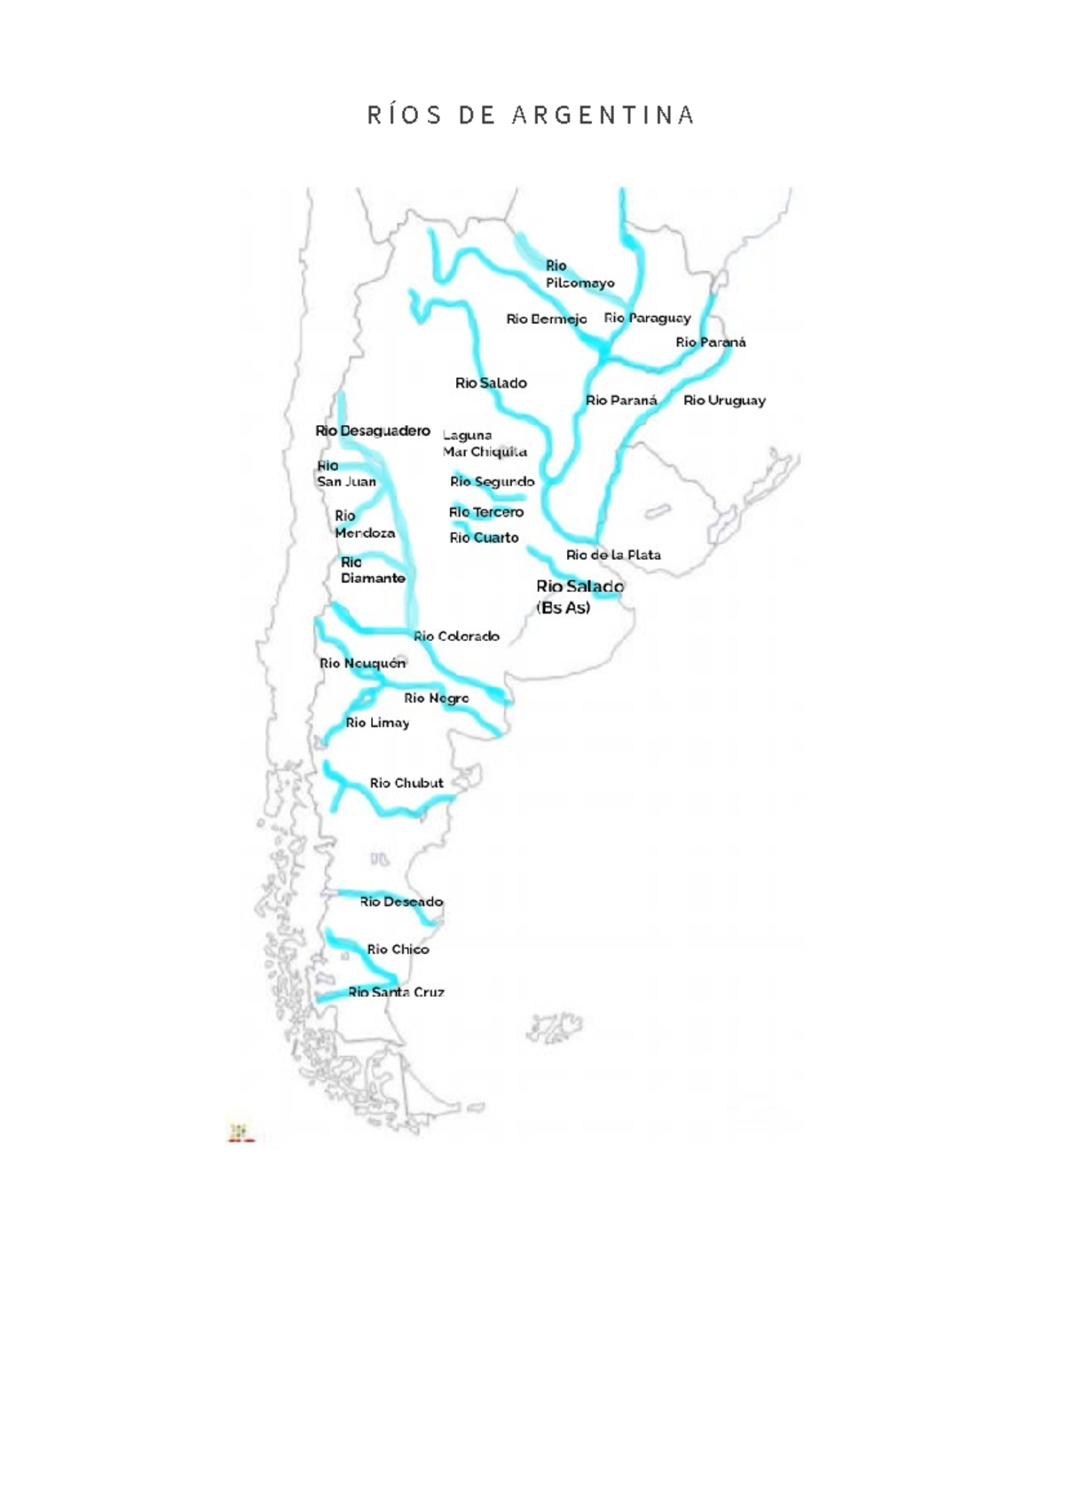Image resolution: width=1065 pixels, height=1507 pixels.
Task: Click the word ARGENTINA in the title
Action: point(603,115)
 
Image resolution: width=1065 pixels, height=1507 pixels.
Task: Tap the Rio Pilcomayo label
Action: point(579,274)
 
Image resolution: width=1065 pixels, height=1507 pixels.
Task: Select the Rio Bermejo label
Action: point(546,319)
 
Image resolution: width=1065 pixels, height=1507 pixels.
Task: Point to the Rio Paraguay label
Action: point(647,318)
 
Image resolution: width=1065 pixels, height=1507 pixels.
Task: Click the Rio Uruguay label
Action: point(724,400)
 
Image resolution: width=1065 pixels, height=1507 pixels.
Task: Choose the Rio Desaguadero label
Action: point(373,430)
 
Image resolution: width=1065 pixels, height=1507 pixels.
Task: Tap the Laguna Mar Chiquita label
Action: point(485,443)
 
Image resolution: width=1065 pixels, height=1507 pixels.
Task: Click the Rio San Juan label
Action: point(346,474)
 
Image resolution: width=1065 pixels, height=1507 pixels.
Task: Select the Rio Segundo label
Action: point(492,482)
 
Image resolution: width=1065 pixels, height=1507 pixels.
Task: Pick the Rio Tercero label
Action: point(486,512)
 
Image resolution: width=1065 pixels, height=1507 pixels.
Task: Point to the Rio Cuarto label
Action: point(484,538)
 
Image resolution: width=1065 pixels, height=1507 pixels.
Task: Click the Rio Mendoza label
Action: point(364,525)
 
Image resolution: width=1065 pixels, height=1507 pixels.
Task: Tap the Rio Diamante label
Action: point(372,570)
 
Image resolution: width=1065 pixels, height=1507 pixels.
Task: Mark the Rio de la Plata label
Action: point(613,555)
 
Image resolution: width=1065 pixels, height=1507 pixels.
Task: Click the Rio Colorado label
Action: point(456,636)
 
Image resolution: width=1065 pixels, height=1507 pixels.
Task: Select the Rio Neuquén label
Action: point(362,663)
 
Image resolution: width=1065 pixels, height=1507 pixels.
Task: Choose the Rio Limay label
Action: point(377,722)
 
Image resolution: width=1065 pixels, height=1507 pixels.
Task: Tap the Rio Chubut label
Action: point(406,783)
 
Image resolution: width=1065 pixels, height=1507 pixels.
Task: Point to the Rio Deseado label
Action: point(401,902)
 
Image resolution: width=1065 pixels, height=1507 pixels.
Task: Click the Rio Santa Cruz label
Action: point(396,992)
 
